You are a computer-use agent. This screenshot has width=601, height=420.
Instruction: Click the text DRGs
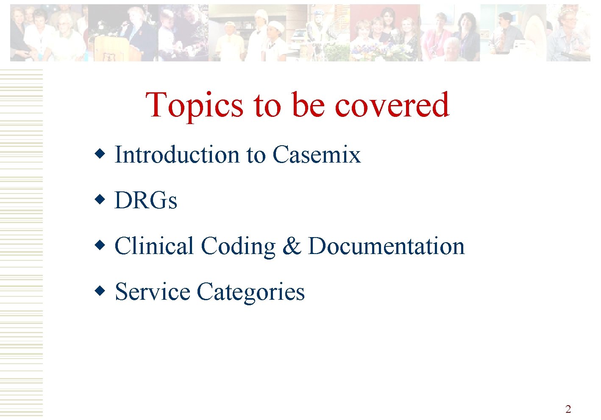tap(146, 200)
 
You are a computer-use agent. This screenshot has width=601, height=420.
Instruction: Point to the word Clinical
tap(154, 246)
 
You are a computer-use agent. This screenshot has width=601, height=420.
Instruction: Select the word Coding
tap(238, 246)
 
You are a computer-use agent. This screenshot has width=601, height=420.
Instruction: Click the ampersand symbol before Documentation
tap(291, 246)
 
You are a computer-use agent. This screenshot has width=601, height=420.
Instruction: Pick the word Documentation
tap(386, 246)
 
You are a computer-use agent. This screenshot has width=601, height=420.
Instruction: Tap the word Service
tap(153, 292)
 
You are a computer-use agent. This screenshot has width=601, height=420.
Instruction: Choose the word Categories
tap(250, 292)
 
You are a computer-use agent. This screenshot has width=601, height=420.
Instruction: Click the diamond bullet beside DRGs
tap(100, 199)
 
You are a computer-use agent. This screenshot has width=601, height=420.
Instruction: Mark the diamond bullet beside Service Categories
tap(100, 291)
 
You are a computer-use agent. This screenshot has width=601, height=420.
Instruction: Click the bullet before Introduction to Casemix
tap(100, 153)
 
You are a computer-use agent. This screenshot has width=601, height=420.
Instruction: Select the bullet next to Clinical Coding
tap(100, 245)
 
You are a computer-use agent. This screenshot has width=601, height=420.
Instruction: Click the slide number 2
tap(568, 409)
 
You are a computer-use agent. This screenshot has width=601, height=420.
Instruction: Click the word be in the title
tap(308, 105)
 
